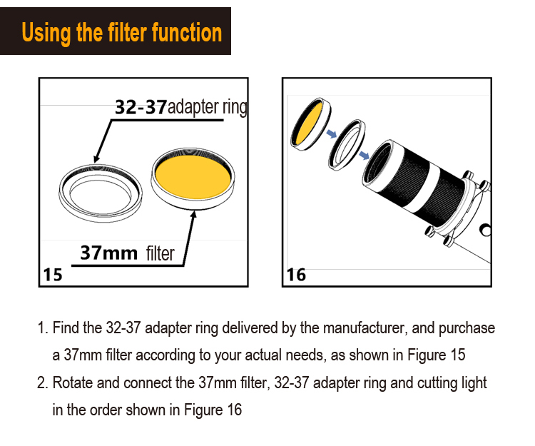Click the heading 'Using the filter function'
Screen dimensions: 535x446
click(122, 33)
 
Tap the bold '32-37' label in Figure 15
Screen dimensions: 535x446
click(141, 107)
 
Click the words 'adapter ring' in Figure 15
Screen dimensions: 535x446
click(208, 107)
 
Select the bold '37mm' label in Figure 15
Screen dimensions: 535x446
click(108, 253)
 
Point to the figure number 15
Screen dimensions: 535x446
click(53, 275)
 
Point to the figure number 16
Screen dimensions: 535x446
click(296, 275)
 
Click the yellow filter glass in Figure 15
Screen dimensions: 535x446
click(193, 177)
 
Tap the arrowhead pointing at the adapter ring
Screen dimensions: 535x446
click(96, 158)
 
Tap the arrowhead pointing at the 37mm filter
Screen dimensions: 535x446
click(193, 215)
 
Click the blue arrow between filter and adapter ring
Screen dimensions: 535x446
click(331, 133)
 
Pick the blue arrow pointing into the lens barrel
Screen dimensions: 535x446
click(365, 156)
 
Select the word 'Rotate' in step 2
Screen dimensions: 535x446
click(73, 383)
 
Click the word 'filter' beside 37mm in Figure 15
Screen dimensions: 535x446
click(160, 254)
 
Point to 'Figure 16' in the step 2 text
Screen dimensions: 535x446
click(213, 410)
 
